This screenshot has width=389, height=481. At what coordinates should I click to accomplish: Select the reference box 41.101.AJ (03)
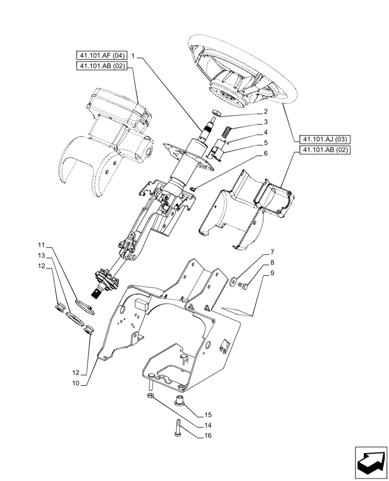pyautogui.click(x=324, y=139)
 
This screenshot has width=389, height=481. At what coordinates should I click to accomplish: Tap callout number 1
pyautogui.click(x=133, y=57)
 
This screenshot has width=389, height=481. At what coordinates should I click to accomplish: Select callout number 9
pyautogui.click(x=272, y=273)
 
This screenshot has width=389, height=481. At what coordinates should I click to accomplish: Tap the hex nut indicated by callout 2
pyautogui.click(x=217, y=113)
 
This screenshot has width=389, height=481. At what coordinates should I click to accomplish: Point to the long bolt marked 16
pyautogui.click(x=178, y=428)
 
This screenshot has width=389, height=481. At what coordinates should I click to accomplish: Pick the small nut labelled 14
pyautogui.click(x=150, y=396)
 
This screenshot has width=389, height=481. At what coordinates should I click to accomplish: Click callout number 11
pyautogui.click(x=42, y=244)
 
